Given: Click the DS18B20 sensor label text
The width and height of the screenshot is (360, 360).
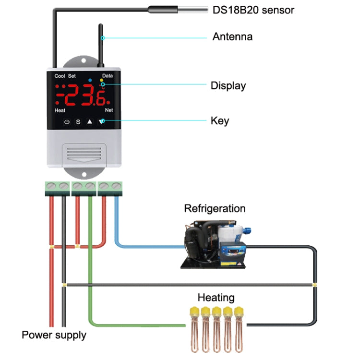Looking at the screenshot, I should [x=253, y=10].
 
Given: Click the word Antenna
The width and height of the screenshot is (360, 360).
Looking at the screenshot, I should [x=232, y=36].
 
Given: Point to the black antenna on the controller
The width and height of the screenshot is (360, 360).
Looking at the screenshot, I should [x=101, y=46].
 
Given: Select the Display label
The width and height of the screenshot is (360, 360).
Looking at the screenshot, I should [x=228, y=86].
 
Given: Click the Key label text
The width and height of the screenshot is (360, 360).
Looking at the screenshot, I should [x=220, y=120].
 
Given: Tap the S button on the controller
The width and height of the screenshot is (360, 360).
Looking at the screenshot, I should [x=78, y=122].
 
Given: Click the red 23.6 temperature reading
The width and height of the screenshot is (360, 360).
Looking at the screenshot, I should [x=84, y=96].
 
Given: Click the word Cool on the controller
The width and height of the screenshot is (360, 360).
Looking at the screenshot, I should [x=60, y=76].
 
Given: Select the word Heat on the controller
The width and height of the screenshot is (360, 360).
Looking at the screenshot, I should [x=60, y=110].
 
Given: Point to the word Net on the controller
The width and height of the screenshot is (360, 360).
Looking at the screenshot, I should [x=108, y=110].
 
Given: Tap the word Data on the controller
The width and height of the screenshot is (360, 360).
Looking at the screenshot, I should [x=108, y=76].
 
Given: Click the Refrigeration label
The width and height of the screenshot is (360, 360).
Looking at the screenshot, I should [x=215, y=208].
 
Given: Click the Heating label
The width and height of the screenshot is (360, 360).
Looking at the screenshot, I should [x=216, y=298].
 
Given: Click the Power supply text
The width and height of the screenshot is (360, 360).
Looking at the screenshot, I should [x=54, y=335].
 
